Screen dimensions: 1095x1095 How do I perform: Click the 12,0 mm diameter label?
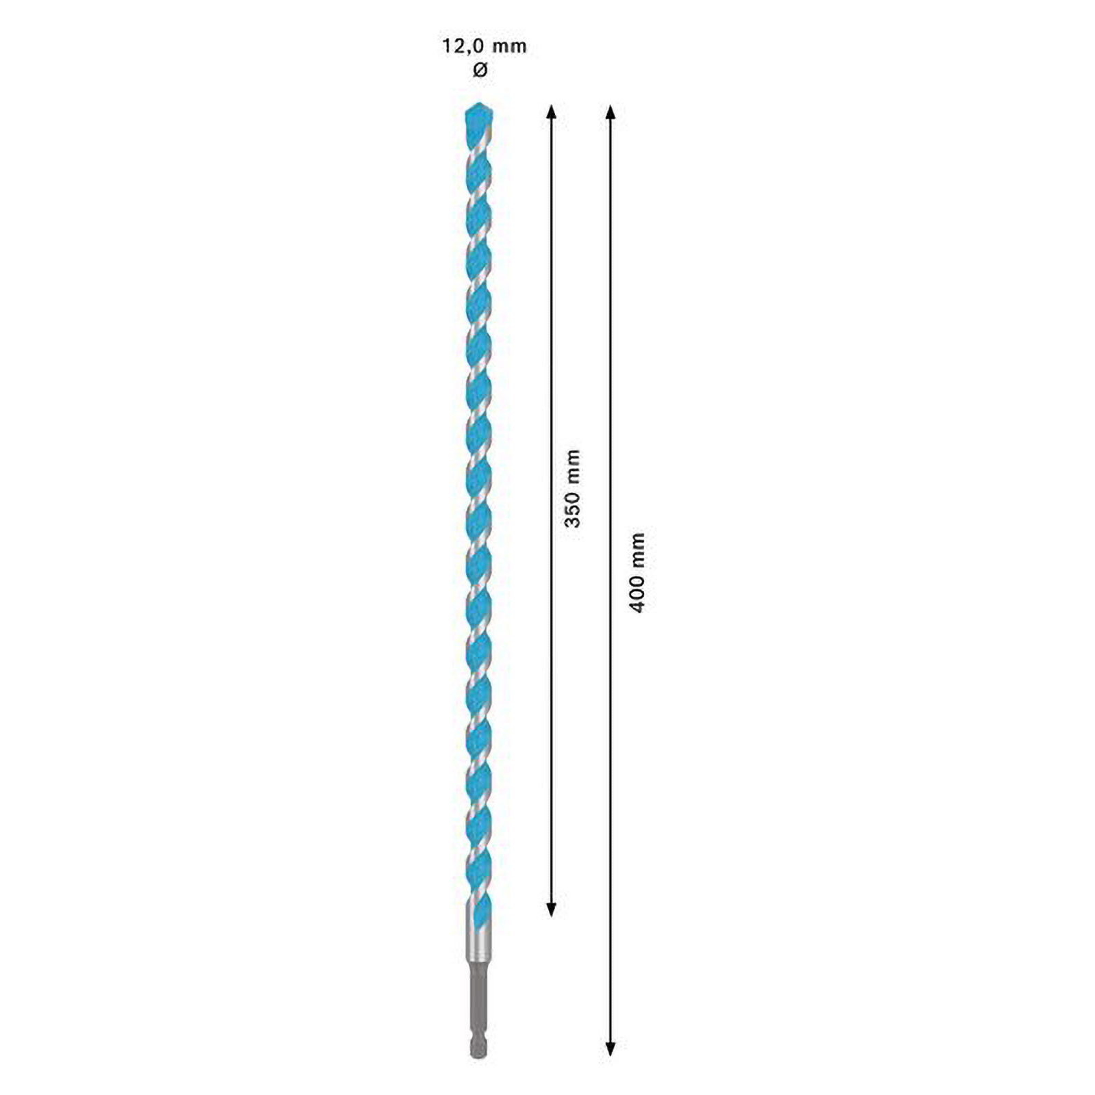pyautogui.click(x=483, y=47)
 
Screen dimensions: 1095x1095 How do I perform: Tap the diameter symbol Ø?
pyautogui.click(x=480, y=70)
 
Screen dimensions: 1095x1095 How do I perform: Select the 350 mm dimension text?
pyautogui.click(x=571, y=488)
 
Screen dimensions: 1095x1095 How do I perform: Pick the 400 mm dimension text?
pyautogui.click(x=636, y=572)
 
